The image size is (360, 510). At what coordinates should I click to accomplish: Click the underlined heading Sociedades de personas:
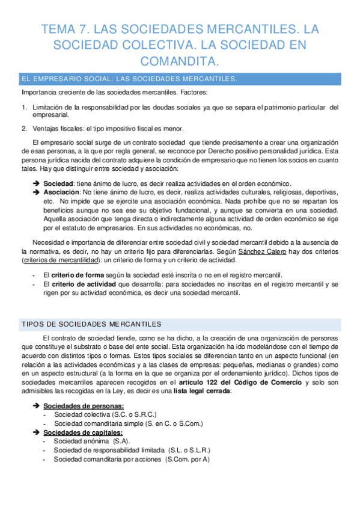point(84,406)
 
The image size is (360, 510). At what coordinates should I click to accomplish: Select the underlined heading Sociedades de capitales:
point(83,432)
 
